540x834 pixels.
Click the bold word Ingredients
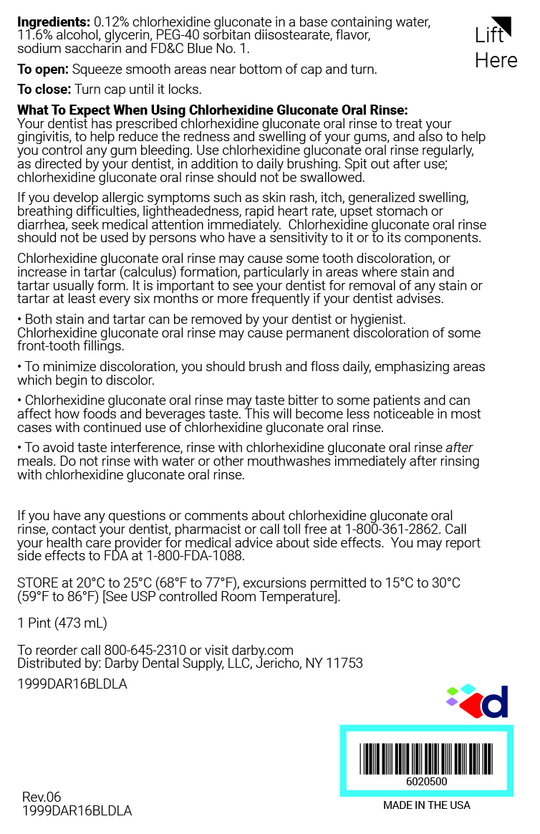[54, 22]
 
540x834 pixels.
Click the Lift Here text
[496, 47]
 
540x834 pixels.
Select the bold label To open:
[43, 69]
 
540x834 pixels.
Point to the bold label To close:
[44, 90]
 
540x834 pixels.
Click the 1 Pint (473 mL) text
[62, 623]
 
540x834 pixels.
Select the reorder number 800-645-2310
[148, 651]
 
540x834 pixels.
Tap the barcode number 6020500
[426, 782]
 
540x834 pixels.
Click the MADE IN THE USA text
[427, 805]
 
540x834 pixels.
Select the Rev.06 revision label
[42, 797]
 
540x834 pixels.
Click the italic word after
[459, 448]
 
